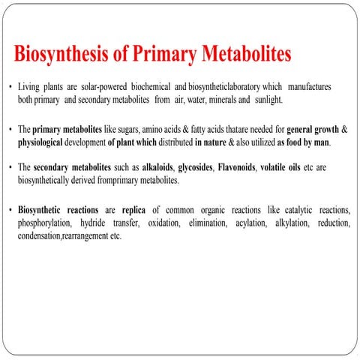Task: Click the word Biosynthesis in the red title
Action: coord(62,55)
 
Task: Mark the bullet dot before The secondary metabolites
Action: coord(9,170)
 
